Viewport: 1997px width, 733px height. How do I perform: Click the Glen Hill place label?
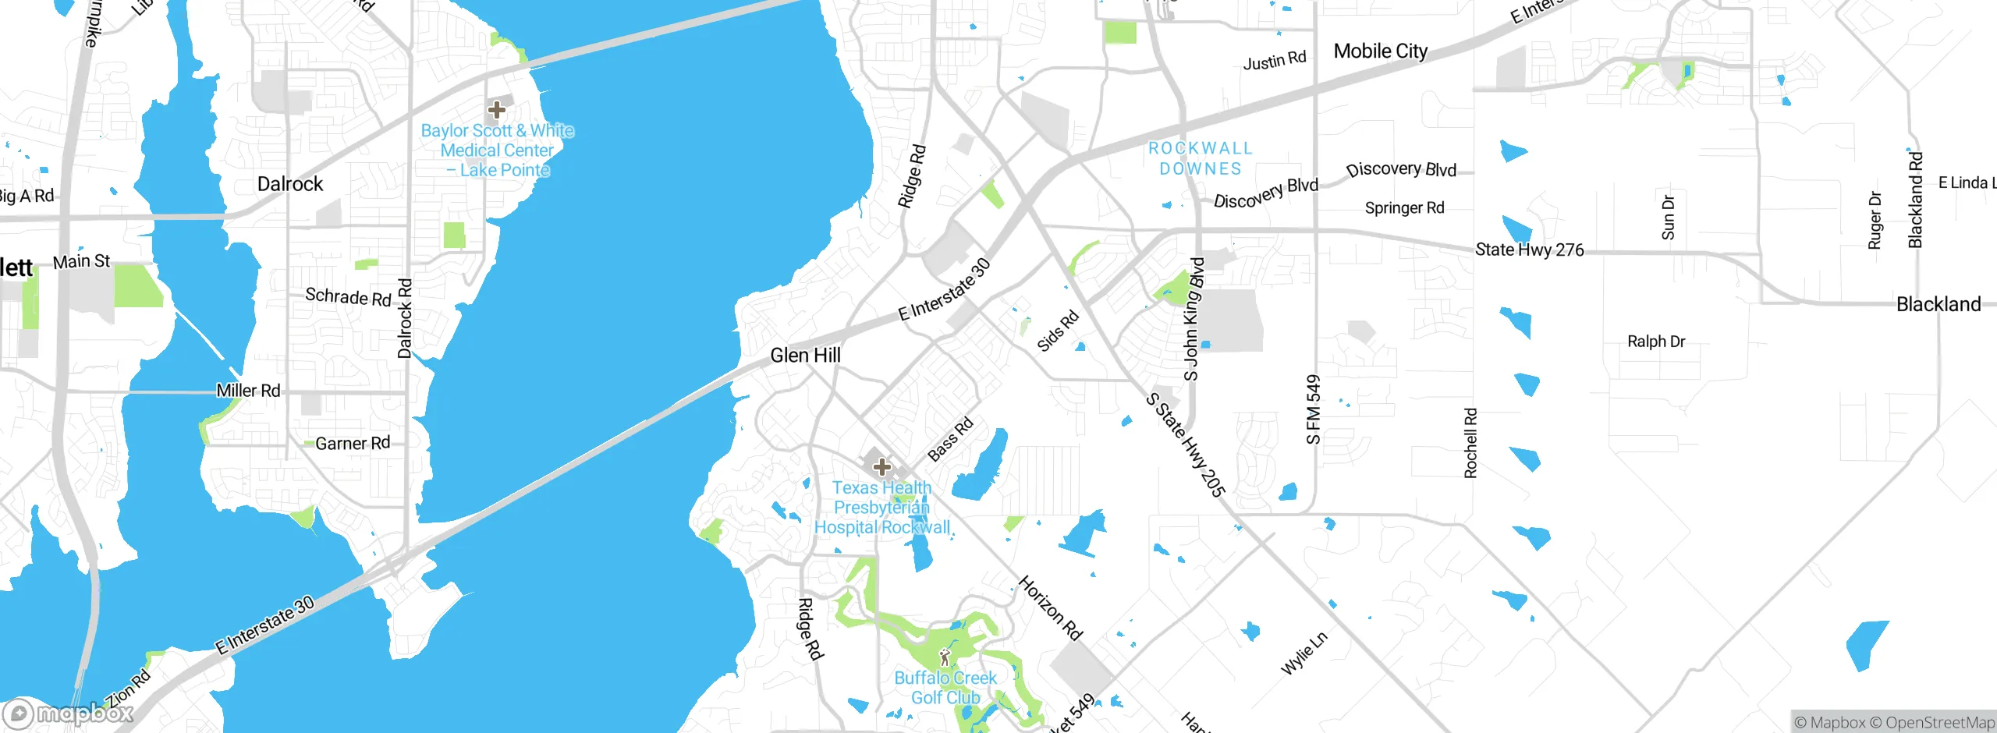pos(805,356)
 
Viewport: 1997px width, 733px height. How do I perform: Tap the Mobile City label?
pos(1380,51)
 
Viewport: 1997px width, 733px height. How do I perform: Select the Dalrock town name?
pos(290,184)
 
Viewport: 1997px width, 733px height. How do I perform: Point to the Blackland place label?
pos(1938,304)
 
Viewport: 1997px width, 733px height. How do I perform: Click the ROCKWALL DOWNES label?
pos(1200,158)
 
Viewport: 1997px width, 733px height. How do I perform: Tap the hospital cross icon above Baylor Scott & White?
pos(496,110)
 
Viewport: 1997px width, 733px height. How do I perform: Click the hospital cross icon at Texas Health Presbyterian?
pos(882,467)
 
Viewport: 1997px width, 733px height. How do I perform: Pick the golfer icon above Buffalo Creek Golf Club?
pos(945,657)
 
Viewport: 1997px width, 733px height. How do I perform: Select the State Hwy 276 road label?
pos(1529,250)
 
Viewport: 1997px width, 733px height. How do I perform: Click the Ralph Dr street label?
pos(1655,342)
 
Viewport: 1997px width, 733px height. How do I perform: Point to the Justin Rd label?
pos(1274,60)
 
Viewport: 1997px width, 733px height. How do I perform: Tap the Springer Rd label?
pos(1404,208)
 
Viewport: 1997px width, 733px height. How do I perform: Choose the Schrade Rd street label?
pos(348,296)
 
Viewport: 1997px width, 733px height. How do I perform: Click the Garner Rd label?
pos(353,443)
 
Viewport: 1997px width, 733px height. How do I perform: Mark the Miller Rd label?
pos(248,391)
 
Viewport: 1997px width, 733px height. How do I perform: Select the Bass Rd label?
pos(950,439)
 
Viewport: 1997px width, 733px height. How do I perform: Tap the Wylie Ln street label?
pos(1304,653)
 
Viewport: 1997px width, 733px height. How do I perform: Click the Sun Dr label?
pos(1668,218)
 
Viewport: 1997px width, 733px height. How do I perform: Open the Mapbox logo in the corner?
pos(69,713)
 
